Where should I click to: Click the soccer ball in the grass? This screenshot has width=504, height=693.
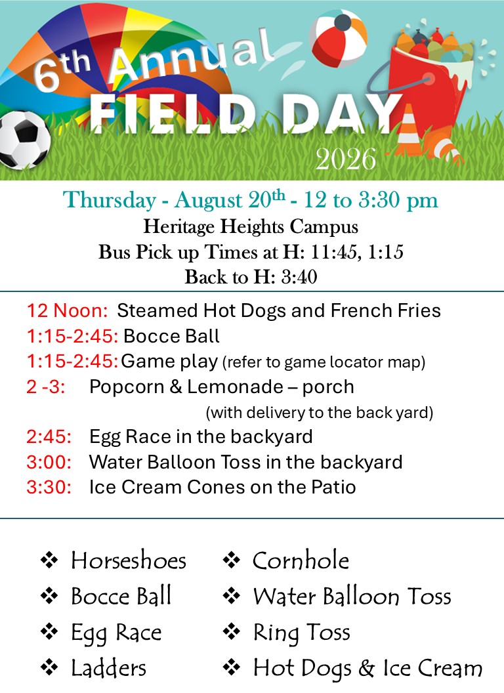[23, 140]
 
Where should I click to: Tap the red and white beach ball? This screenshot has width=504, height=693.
[338, 39]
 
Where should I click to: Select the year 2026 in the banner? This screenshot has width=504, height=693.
[346, 159]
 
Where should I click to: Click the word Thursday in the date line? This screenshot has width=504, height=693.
[109, 199]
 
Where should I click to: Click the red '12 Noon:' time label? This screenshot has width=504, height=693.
[67, 310]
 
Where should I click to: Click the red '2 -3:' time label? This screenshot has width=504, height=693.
[45, 387]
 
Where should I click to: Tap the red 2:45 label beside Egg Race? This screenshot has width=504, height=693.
[49, 436]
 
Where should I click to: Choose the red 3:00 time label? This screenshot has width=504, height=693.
[49, 462]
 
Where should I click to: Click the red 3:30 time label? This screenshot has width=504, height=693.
[49, 488]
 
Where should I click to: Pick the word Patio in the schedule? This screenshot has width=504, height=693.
[333, 488]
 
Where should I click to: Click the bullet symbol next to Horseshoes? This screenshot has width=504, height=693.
[49, 560]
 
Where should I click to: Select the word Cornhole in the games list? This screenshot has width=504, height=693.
[301, 560]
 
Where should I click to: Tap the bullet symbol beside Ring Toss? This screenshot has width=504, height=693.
[231, 631]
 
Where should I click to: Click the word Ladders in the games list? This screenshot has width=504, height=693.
[109, 668]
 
